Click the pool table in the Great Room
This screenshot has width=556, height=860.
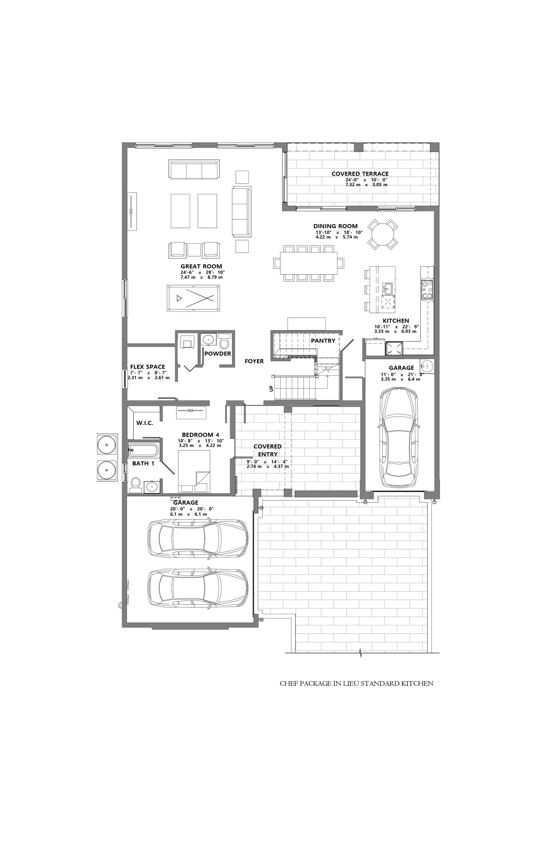(193, 298)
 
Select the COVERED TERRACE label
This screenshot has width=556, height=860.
(360, 174)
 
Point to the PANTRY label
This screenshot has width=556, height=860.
(323, 341)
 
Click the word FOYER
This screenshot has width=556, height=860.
(254, 361)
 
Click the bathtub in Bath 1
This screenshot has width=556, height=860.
(143, 450)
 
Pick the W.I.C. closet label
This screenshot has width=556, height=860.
(145, 423)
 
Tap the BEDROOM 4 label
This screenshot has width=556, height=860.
(200, 435)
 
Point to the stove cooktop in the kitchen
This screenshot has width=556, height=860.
(427, 290)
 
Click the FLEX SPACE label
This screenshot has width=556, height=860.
(147, 367)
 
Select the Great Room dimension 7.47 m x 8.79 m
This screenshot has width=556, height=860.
(201, 277)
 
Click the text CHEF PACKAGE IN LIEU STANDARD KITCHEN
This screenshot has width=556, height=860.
(357, 683)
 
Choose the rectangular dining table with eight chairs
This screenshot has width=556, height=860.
(309, 263)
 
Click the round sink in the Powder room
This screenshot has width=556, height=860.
(208, 340)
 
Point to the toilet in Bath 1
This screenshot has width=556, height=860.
(135, 485)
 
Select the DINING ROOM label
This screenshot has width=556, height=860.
(335, 226)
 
